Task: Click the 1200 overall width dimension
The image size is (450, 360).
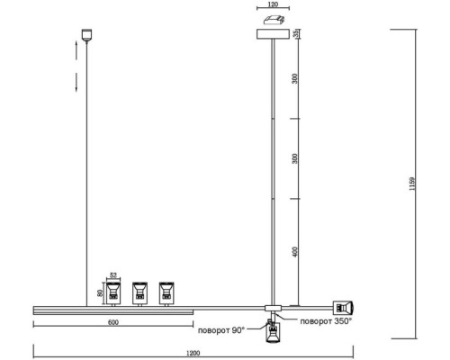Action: coord(193,353)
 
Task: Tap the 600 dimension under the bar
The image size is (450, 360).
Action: coord(113,322)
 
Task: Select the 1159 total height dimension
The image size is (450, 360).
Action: coord(412,184)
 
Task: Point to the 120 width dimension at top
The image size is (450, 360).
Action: coord(273,4)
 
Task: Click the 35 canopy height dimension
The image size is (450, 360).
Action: coord(295,33)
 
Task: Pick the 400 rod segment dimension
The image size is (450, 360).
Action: coord(295,252)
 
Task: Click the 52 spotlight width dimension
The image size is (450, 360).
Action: coord(113,275)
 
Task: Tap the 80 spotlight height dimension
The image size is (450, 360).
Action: coord(101,292)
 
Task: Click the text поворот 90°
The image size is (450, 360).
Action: coord(221,330)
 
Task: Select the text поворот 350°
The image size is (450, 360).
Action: coord(326,321)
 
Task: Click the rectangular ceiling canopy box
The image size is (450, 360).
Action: coord(273,34)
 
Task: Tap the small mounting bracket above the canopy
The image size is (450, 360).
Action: coord(274,20)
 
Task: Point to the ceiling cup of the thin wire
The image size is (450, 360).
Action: coord(86,35)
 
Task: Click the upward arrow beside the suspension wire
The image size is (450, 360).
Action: coord(76,50)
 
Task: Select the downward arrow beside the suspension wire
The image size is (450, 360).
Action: coord(76,82)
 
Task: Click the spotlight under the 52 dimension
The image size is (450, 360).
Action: coord(113,293)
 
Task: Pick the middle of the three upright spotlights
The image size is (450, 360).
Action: coord(139,293)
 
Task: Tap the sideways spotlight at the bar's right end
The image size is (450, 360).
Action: coord(343,308)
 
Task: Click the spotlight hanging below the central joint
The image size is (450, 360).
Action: coord(273,332)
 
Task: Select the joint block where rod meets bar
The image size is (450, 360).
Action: coord(273,308)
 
